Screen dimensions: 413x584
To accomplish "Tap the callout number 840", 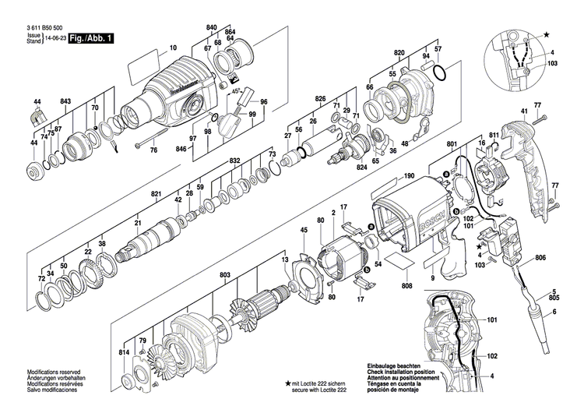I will [x=211, y=28].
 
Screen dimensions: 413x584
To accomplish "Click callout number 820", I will [x=400, y=52].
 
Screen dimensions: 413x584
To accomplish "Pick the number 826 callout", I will [x=320, y=99].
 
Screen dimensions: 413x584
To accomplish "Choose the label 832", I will [x=234, y=161].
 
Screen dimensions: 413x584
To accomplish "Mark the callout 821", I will [x=155, y=194].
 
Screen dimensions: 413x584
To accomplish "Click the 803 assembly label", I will [x=226, y=274].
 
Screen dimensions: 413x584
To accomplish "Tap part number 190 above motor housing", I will [x=410, y=177].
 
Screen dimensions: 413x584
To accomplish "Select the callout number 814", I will [x=125, y=352].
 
